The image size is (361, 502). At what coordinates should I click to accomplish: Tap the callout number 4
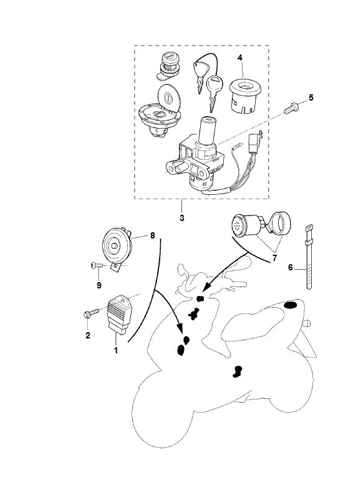coord(239,57)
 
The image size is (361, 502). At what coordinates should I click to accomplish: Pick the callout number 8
coord(152,236)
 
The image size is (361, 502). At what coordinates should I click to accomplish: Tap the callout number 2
coord(88,335)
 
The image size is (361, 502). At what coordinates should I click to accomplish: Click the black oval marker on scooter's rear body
coord(291,305)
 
